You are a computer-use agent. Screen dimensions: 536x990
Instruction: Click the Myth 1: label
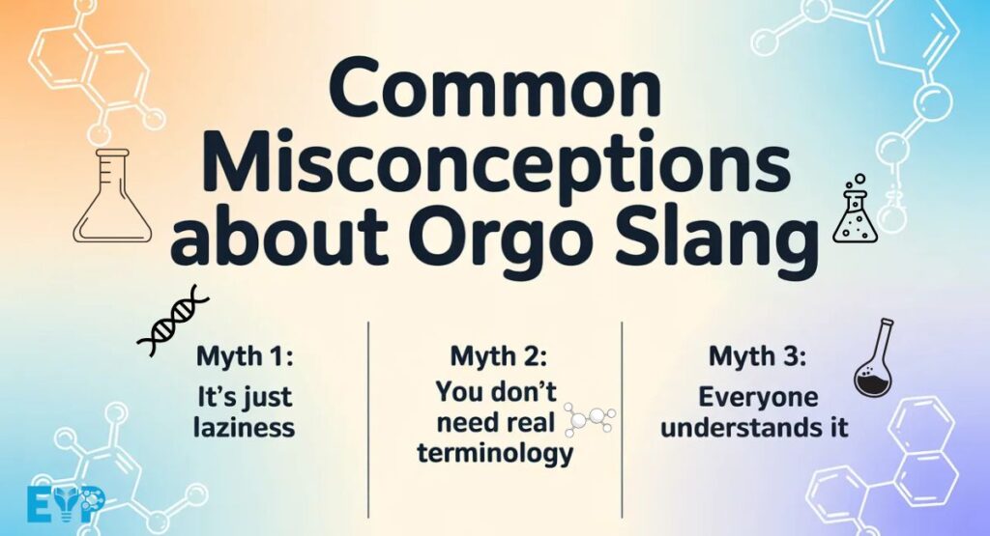pyautogui.click(x=245, y=357)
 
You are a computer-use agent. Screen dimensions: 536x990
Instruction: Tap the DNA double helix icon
pyautogui.click(x=172, y=320)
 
